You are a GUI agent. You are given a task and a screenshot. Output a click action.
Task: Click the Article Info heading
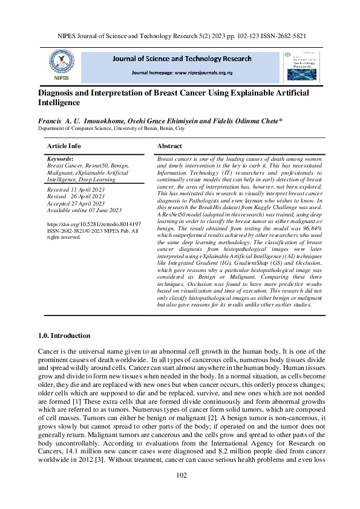pos(64,146)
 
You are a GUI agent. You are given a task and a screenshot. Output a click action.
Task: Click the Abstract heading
pos(169,146)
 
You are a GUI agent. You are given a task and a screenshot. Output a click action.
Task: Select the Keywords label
pos(59,158)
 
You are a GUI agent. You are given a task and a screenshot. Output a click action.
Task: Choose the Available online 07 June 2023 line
pos(84,210)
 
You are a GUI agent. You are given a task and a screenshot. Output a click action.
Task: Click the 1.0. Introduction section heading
pos(64,336)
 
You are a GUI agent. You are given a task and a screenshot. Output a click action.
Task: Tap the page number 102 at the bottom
pos(180,476)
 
